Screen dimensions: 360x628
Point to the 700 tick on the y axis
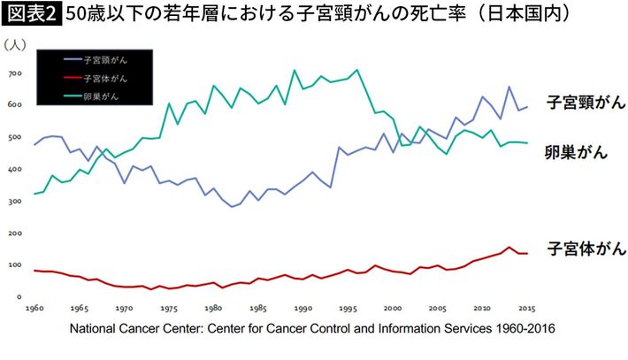[x=14, y=73]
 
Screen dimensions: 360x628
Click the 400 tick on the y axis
[x=14, y=169]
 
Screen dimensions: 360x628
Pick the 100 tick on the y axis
[x=14, y=265]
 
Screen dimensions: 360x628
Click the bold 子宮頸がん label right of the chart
[x=586, y=103]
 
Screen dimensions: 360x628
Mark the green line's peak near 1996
[x=356, y=70]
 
